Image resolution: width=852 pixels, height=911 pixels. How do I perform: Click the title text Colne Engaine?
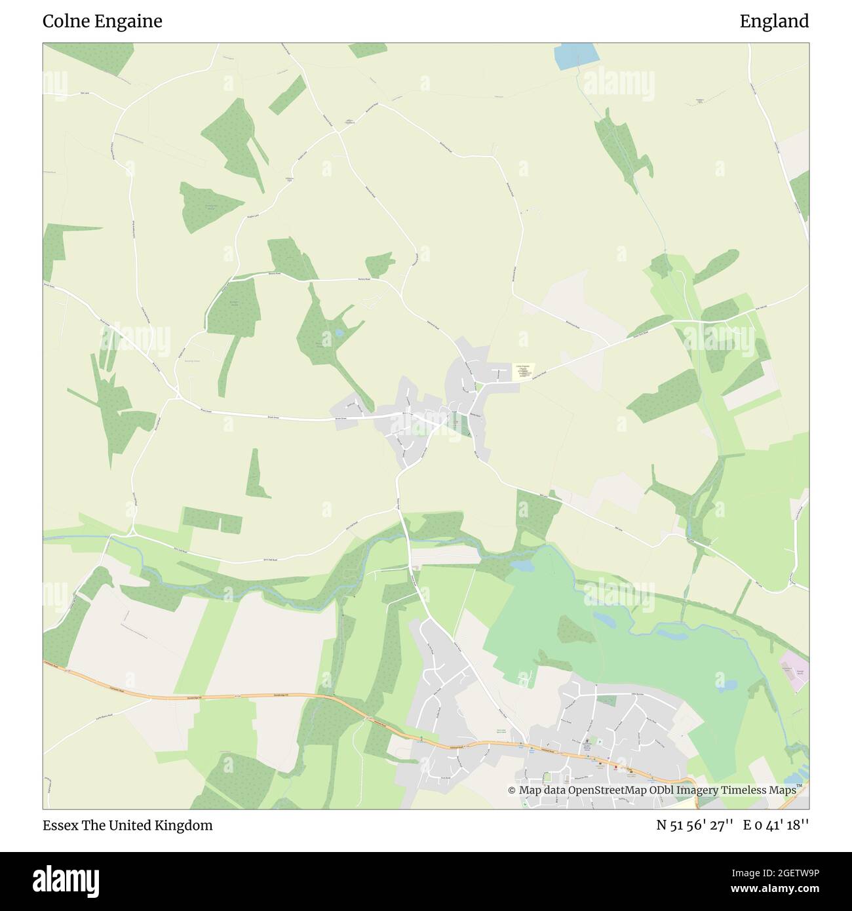click(x=102, y=22)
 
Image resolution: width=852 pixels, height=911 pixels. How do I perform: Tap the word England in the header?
click(x=774, y=22)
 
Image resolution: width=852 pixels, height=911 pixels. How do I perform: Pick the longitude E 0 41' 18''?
click(x=776, y=825)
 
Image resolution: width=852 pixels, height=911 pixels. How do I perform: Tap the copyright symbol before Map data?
click(x=512, y=790)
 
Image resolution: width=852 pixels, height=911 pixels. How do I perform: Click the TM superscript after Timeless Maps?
click(x=800, y=786)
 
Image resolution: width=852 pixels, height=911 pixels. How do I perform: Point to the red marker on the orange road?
click(x=616, y=766)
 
